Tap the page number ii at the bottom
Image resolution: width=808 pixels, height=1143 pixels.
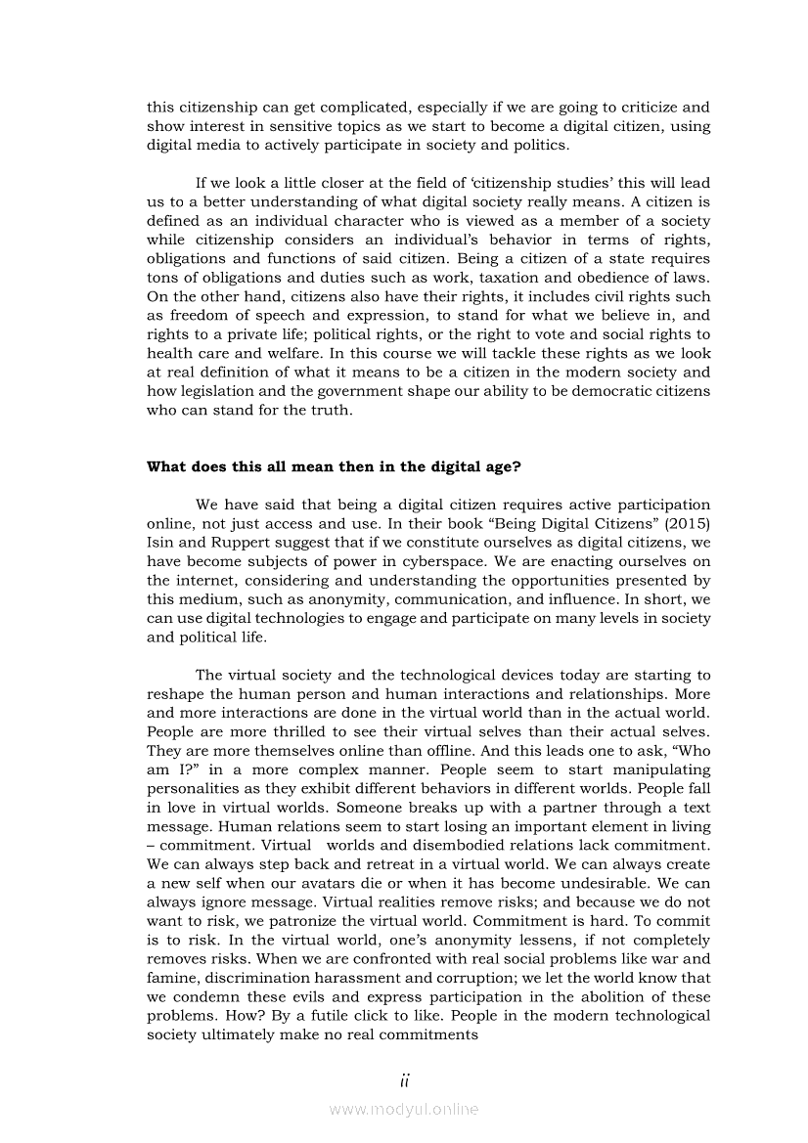(404, 1079)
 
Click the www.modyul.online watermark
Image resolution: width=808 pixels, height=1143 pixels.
(404, 1109)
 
